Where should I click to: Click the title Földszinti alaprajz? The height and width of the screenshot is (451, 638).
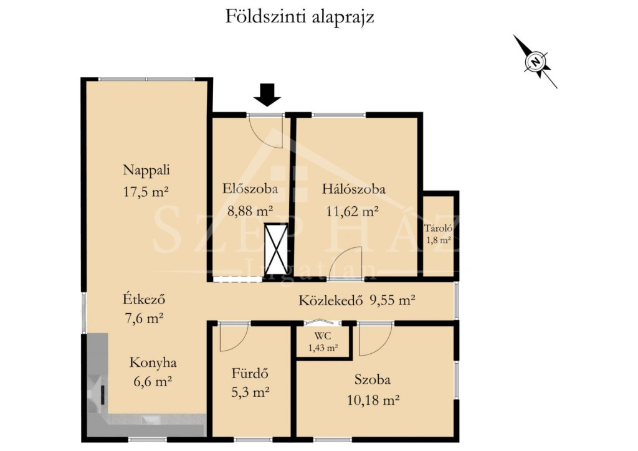(300, 17)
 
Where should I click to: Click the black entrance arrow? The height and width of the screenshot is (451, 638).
(267, 95)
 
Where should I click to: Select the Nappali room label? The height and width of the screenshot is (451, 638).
(146, 170)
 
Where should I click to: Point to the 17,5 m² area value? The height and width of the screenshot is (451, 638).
(146, 191)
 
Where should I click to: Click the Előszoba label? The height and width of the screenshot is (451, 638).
(250, 189)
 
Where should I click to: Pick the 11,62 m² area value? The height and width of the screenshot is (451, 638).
(353, 211)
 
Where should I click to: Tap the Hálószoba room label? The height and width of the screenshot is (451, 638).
(354, 189)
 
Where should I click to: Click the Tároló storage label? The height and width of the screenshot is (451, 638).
(438, 229)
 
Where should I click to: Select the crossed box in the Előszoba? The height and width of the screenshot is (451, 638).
(276, 249)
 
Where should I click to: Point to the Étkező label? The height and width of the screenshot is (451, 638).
(144, 299)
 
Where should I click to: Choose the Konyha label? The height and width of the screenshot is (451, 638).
(153, 363)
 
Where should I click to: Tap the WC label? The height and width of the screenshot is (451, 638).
(323, 336)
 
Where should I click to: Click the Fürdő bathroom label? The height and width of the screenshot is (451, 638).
(250, 373)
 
